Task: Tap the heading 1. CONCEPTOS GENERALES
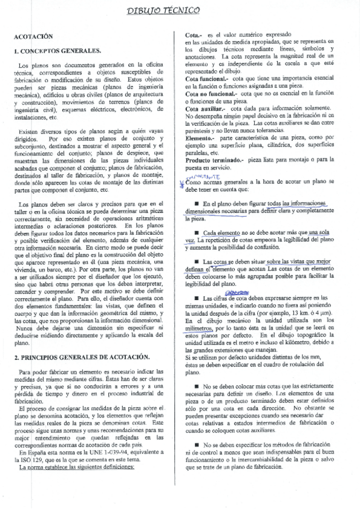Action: point(57,51)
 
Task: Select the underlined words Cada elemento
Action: point(223,232)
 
